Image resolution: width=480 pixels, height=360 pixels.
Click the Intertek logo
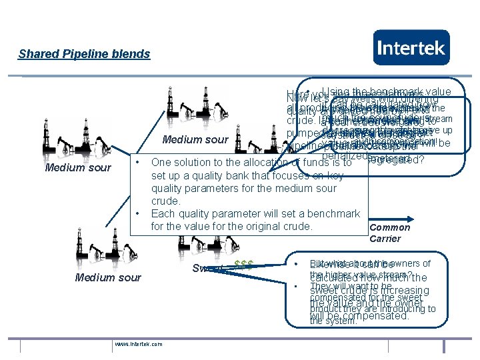click(x=411, y=47)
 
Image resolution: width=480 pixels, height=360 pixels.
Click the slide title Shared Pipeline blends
click(x=84, y=54)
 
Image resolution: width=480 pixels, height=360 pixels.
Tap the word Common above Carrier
click(x=390, y=227)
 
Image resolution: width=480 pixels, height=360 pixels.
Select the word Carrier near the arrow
click(x=385, y=239)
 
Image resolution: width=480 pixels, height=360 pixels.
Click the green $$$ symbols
click(x=244, y=264)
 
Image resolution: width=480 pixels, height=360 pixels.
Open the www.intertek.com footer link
click(x=138, y=344)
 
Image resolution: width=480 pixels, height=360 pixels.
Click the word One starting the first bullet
click(x=162, y=162)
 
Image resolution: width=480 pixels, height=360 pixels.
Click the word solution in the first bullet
click(x=195, y=162)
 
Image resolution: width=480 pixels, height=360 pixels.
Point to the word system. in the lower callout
click(x=333, y=321)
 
